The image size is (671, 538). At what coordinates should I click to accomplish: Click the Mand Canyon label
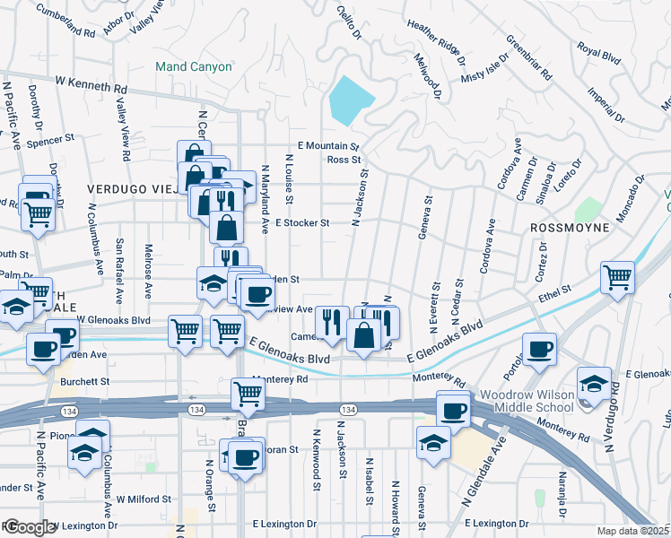(x=193, y=66)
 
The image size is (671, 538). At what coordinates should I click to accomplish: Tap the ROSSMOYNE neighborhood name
(x=570, y=228)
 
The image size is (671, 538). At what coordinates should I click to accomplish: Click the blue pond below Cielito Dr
(x=351, y=100)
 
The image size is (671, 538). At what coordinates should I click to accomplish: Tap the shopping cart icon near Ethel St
(x=617, y=276)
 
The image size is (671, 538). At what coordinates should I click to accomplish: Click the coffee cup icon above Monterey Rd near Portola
(x=539, y=349)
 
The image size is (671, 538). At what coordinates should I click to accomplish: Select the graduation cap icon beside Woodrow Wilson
(x=593, y=383)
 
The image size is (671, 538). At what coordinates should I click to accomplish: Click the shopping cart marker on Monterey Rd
(x=248, y=393)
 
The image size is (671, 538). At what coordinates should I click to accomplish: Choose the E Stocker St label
(x=302, y=222)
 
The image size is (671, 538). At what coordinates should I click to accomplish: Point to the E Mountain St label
(x=328, y=146)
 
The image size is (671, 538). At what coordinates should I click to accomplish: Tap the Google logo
(x=30, y=527)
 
